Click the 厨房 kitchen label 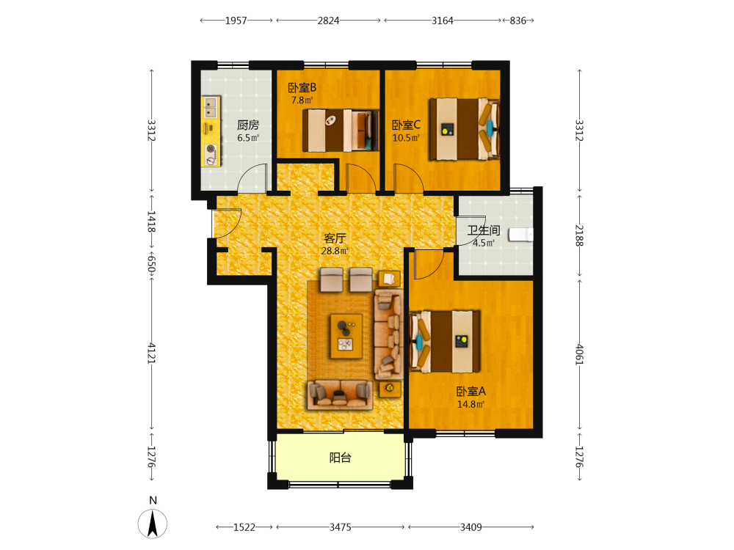[247, 125]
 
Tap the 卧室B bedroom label [302, 87]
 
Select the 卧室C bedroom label [406, 125]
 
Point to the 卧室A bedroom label [471, 392]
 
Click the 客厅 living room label [335, 238]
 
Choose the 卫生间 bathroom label [484, 230]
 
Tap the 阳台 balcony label [340, 458]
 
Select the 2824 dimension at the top [328, 21]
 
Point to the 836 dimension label [517, 21]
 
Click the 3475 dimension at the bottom [341, 527]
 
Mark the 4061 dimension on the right [580, 354]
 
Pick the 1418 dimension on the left [152, 221]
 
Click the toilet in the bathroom [521, 235]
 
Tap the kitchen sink [211, 108]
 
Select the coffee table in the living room [346, 337]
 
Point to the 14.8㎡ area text [470, 404]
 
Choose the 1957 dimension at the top [236, 21]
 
